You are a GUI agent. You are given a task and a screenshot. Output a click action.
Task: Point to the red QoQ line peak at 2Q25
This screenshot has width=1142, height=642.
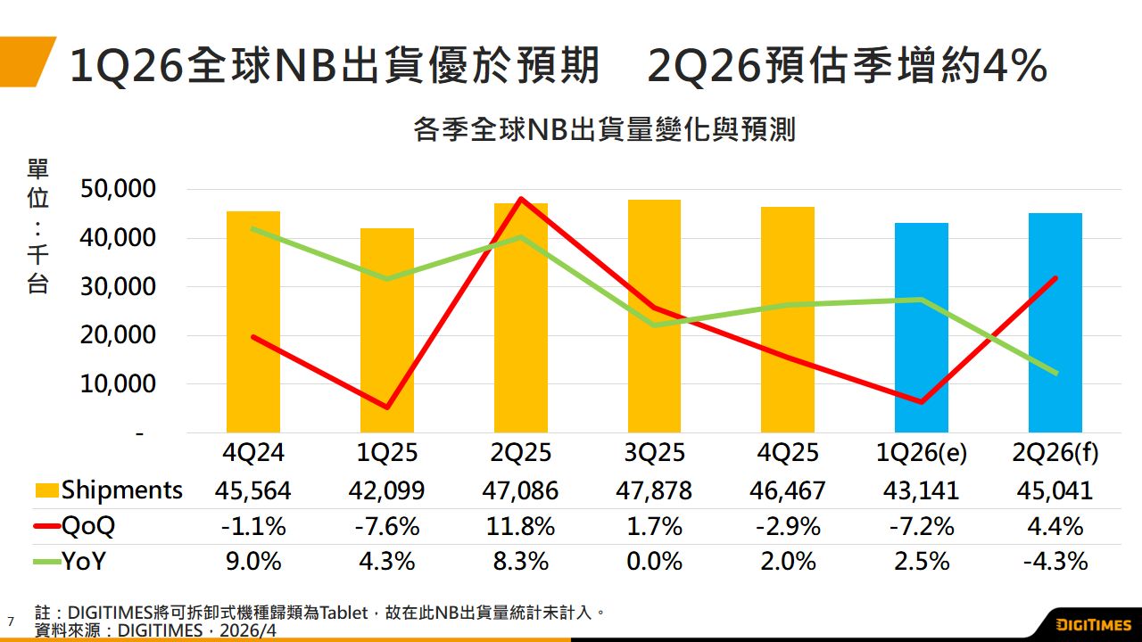[x=521, y=199]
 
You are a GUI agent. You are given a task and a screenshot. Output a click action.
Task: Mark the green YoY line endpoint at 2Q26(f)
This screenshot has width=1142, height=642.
[x=1055, y=373]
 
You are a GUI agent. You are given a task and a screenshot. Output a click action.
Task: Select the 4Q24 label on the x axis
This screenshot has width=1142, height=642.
[x=253, y=453]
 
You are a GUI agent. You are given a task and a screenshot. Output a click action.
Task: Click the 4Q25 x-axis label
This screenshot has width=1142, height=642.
[x=787, y=453]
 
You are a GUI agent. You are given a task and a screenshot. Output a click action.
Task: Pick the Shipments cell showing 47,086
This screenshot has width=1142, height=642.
[x=521, y=490]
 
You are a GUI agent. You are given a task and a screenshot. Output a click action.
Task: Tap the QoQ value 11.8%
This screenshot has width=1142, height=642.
[x=521, y=526]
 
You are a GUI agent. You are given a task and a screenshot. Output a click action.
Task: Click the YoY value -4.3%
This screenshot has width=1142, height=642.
[x=1055, y=562]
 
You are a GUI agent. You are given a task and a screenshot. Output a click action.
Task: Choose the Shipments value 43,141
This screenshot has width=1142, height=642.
[x=922, y=490]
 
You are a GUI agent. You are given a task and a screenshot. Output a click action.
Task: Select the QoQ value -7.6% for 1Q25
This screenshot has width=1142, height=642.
[x=386, y=526]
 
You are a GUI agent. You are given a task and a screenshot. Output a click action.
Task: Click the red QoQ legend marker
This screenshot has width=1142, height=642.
[x=46, y=526]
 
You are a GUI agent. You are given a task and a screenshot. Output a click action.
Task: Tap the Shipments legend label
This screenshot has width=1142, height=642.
[x=121, y=490]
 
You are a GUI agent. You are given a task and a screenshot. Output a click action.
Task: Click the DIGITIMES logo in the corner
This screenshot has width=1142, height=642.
[x=1094, y=624]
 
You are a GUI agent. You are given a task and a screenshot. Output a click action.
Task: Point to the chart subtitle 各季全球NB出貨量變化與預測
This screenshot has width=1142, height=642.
[x=604, y=130]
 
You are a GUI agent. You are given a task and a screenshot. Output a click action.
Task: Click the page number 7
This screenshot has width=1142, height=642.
[x=11, y=621]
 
